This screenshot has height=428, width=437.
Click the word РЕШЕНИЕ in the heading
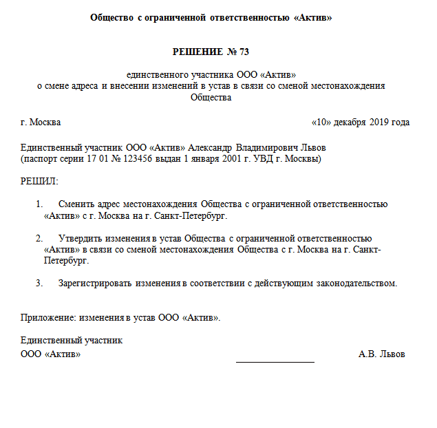coord(197,52)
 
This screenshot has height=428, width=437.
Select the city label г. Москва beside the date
coord(41,122)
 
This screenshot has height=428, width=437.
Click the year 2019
coord(379,122)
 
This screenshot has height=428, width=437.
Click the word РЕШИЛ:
coord(40,181)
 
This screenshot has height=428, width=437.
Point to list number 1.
coord(39,204)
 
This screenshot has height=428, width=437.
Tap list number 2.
coord(39,238)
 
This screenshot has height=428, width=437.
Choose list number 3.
coord(39,283)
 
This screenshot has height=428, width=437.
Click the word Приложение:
coord(48,317)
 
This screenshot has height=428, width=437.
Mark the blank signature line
coord(275,360)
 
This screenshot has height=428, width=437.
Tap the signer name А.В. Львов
coord(381,354)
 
